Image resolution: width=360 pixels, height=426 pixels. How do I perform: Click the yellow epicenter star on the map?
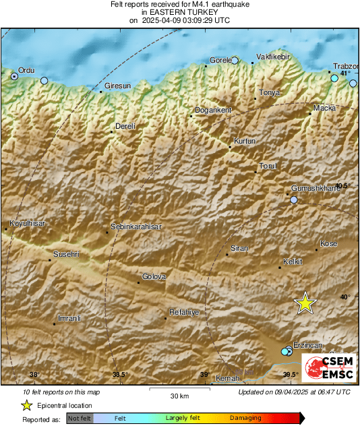click(305, 303)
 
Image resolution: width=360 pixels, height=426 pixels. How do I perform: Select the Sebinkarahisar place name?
click(136, 227)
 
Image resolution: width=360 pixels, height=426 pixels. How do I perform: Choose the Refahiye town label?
click(183, 312)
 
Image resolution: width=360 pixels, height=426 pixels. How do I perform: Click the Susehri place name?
click(67, 254)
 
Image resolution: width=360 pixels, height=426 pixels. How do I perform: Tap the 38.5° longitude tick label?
click(120, 375)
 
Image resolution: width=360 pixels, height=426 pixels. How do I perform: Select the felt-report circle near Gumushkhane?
click(293, 200)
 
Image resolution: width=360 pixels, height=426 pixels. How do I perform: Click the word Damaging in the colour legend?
click(245, 418)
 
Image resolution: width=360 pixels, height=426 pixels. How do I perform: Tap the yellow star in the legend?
click(27, 405)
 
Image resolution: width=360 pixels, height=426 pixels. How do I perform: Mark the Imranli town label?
click(70, 317)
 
